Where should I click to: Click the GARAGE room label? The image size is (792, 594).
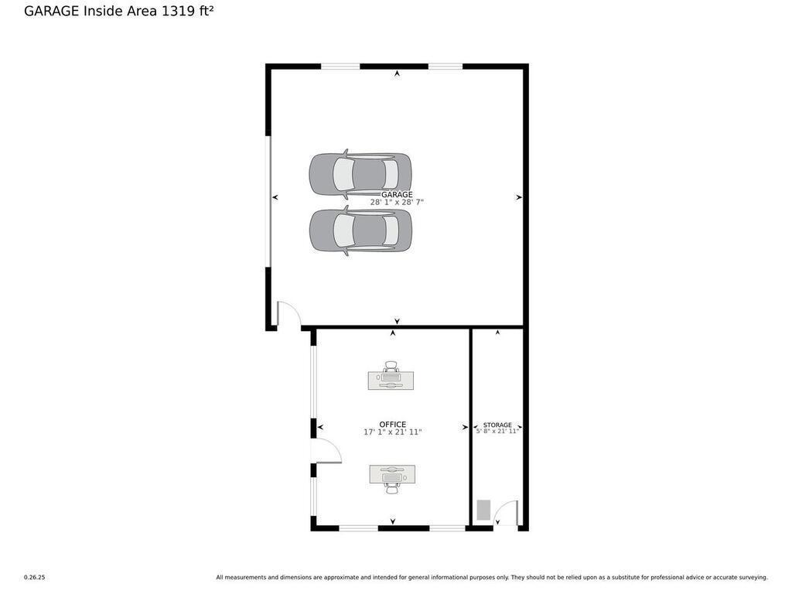coord(397,194)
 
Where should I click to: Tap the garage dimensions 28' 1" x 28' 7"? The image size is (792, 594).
coord(397,203)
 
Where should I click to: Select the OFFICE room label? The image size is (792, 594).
coord(392,424)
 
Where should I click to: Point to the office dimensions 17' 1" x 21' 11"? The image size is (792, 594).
coord(392,432)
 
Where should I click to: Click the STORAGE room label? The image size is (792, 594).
coord(497,425)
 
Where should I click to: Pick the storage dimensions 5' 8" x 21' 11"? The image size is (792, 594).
coord(497,432)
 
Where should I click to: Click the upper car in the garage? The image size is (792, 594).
coord(360,175)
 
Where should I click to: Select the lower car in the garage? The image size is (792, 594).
coord(360,230)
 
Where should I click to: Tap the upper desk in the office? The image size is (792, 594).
coord(391,379)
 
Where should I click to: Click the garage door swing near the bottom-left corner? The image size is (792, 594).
coord(288,313)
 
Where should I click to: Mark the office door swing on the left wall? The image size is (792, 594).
coord(326,451)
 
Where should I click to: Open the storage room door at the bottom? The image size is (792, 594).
coord(507,514)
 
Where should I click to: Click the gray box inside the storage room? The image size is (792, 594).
coord(483,510)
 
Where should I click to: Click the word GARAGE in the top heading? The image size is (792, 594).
coord(51,11)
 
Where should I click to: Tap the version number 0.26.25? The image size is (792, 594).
coord(34,577)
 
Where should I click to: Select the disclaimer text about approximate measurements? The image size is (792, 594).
coord(491,577)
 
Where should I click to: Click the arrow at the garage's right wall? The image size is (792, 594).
coord(519,197)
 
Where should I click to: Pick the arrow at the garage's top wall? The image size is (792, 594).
coord(397,73)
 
